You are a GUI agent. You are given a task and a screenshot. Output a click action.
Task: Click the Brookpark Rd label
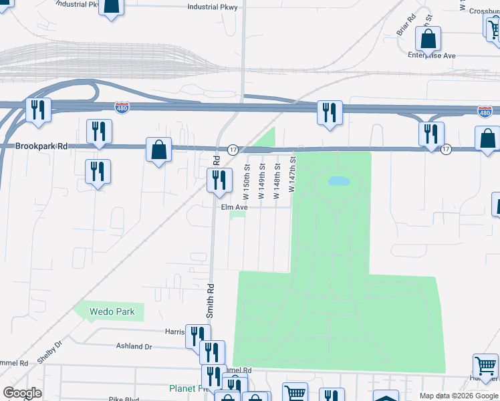click(41, 145)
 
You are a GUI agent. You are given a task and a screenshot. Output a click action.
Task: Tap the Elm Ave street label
click(235, 207)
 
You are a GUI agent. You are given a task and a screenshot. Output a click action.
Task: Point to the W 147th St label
click(291, 175)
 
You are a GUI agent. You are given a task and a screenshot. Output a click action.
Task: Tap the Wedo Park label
click(113, 311)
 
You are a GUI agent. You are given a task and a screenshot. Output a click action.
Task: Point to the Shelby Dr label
click(49, 350)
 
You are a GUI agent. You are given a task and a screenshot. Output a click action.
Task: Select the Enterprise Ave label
click(432, 55)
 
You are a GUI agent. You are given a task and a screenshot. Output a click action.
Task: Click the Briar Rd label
click(406, 25)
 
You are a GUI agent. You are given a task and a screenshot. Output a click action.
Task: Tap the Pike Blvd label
click(124, 398)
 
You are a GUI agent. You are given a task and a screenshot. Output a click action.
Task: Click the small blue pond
click(339, 180)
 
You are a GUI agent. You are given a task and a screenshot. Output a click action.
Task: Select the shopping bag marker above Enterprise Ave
click(428, 39)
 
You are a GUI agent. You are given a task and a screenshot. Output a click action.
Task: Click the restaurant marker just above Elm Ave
click(219, 180)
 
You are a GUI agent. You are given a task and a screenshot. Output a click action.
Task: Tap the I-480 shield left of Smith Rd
click(122, 107)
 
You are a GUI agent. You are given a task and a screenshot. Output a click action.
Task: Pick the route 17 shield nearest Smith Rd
click(233, 148)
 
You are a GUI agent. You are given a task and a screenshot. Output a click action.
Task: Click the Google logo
click(22, 393)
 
